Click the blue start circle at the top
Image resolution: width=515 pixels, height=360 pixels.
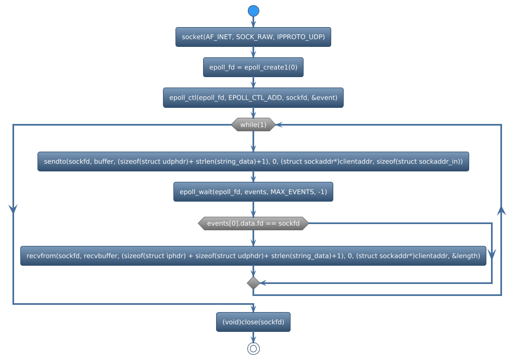[253, 10]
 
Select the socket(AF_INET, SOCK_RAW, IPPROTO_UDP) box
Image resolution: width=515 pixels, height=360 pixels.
[253, 37]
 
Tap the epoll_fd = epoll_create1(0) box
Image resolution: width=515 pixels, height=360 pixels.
[253, 67]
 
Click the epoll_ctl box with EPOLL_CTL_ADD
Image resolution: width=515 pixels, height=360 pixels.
[253, 97]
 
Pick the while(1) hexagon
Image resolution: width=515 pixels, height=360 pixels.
[253, 125]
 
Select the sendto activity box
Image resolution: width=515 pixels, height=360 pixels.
[253, 162]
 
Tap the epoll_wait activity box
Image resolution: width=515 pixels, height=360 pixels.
[253, 192]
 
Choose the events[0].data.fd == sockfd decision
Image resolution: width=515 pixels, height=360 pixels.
[253, 224]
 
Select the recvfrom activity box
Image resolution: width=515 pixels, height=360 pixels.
[253, 256]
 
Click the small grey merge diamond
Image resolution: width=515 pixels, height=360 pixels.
[253, 283]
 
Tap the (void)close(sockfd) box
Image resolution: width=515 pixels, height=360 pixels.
[253, 322]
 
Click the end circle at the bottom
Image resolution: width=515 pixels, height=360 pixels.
[253, 349]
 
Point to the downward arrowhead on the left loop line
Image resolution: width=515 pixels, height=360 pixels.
[13, 208]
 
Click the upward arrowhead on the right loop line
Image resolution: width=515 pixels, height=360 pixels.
[501, 210]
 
